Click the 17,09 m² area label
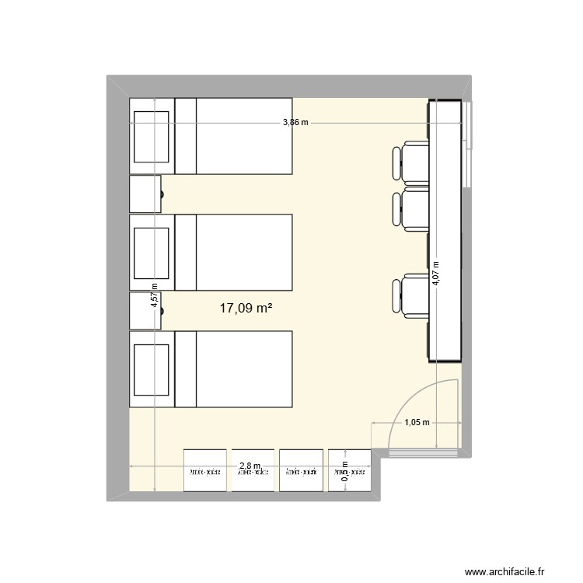(x=246, y=309)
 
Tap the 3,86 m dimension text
(x=295, y=122)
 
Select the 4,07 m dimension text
(x=436, y=274)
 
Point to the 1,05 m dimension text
(x=416, y=422)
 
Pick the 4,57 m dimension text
(x=155, y=295)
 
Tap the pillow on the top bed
(x=152, y=136)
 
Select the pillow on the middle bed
(x=152, y=252)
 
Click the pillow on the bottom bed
(x=152, y=369)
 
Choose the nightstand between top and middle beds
(x=145, y=194)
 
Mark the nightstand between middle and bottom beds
(x=145, y=310)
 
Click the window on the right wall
(x=467, y=144)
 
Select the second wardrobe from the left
(x=253, y=470)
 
